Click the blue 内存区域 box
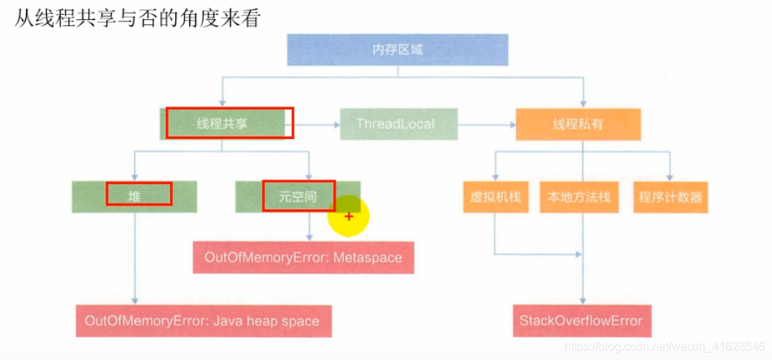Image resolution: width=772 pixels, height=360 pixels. tap(397, 50)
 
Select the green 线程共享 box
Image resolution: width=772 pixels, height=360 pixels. tap(223, 123)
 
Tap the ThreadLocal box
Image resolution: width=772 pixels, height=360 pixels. tap(399, 123)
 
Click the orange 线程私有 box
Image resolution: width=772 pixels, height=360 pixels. tap(578, 123)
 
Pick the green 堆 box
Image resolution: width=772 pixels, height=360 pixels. tap(135, 197)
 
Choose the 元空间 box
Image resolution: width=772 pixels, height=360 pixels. tap(298, 197)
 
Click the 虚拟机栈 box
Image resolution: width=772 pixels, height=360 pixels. tap(495, 197)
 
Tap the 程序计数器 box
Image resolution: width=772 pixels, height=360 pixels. tap(670, 197)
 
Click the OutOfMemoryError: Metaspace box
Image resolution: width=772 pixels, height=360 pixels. tap(303, 258)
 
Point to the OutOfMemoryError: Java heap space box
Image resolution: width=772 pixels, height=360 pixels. tap(203, 321)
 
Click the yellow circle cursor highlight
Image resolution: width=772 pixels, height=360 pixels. tap(348, 217)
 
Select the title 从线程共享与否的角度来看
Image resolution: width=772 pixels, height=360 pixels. tap(138, 18)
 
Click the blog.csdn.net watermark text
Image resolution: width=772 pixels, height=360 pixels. tap(663, 345)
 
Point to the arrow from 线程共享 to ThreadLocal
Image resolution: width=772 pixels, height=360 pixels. tap(314, 124)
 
